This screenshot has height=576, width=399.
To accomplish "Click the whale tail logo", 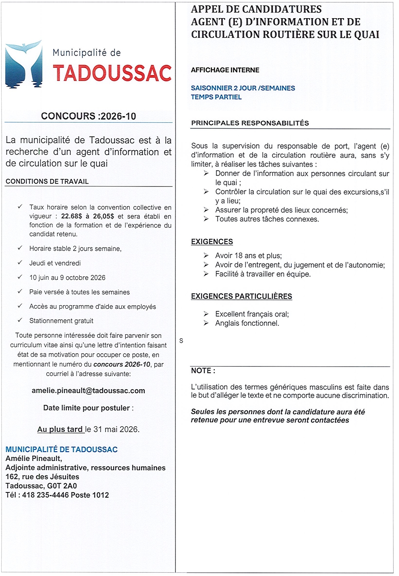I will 23,65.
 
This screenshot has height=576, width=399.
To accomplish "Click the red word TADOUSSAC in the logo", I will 112,73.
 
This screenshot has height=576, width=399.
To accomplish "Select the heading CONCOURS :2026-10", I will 88,116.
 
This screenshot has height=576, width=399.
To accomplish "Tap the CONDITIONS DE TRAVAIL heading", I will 47,182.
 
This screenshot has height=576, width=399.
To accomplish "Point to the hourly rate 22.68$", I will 72,216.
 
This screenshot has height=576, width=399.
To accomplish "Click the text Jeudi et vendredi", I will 55,263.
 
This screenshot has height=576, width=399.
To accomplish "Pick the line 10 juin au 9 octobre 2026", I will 67,278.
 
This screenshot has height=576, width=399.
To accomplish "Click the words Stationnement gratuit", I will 61,321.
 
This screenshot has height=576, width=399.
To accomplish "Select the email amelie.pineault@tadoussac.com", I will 88,391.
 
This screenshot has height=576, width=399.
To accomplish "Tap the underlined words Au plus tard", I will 60,429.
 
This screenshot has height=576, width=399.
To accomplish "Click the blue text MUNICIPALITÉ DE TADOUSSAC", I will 61,450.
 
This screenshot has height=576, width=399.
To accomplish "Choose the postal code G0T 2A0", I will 62,486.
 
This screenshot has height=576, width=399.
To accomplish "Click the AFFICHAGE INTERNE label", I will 225,70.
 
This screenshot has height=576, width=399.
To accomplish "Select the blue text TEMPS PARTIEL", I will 216,97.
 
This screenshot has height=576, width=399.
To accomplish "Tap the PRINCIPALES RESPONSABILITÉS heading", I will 250,123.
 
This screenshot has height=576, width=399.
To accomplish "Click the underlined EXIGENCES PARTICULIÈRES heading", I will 241,296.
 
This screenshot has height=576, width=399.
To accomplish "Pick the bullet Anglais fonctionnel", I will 247,323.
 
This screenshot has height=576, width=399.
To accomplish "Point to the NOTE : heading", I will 203,371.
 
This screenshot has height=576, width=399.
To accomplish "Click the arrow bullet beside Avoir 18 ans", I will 206,256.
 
